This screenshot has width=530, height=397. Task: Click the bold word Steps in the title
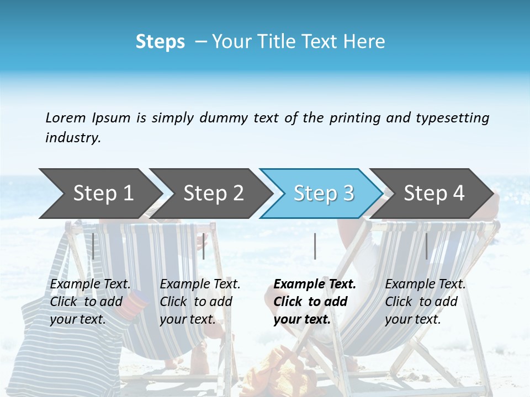160,42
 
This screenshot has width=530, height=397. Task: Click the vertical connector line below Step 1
93,246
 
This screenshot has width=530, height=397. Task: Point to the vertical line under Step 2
204,246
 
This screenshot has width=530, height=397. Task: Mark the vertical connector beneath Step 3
315,246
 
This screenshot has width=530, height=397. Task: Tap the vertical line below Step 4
426,246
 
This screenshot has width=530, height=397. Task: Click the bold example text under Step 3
314,302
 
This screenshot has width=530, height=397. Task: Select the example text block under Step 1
90,302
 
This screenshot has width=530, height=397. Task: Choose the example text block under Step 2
200,302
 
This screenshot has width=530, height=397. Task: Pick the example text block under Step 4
425,302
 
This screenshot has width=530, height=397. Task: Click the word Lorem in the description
65,117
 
